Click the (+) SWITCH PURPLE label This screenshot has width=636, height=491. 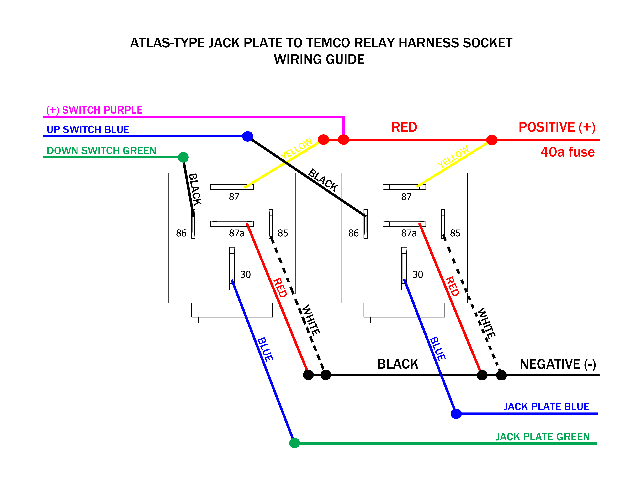pyautogui.click(x=94, y=110)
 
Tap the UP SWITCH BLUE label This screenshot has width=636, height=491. pyautogui.click(x=88, y=129)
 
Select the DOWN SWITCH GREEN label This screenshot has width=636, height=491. pyautogui.click(x=101, y=151)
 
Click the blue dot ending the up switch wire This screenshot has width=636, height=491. pyautogui.click(x=247, y=136)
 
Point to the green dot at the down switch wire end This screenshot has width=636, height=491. pyautogui.click(x=183, y=157)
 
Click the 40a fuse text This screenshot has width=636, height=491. pyautogui.click(x=567, y=152)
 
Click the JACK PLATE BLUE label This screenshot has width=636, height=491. pyautogui.click(x=546, y=406)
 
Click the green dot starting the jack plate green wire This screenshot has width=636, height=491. pyautogui.click(x=294, y=443)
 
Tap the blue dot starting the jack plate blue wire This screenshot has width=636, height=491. pyautogui.click(x=456, y=414)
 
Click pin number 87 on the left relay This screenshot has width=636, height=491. pyautogui.click(x=234, y=197)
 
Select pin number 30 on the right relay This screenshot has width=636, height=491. pyautogui.click(x=418, y=275)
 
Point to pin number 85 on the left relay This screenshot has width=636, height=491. pyautogui.click(x=283, y=233)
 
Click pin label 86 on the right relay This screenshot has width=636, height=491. pyautogui.click(x=353, y=233)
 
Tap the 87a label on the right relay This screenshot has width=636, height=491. pyautogui.click(x=409, y=233)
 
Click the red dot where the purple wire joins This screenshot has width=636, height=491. pyautogui.click(x=343, y=140)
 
